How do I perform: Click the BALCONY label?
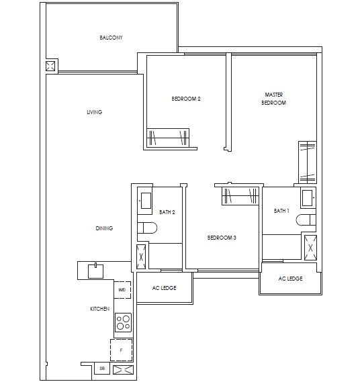point(111,38)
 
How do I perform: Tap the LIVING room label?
point(94,112)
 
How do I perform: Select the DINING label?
point(104,228)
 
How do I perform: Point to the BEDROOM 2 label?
point(186,99)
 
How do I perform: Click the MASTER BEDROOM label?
point(273,99)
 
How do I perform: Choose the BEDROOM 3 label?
point(222,238)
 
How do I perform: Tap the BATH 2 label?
point(168,212)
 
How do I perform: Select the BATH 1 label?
point(281,211)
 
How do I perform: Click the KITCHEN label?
point(100,308)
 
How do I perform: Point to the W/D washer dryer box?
point(122,290)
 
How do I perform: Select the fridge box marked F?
point(122,350)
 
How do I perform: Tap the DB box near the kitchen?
point(102,369)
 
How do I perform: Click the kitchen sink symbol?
point(97,271)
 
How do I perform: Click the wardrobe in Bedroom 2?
point(168,136)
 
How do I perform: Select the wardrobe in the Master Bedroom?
point(308,161)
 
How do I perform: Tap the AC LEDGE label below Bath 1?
point(290,278)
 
